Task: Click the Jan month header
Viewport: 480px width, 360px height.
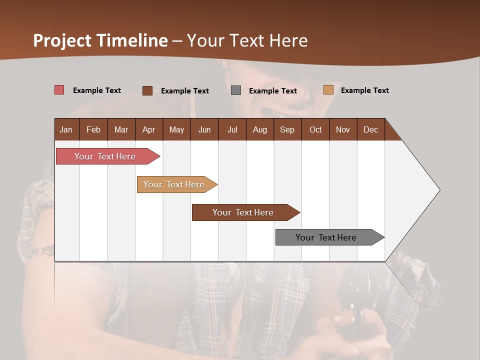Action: [x=66, y=129]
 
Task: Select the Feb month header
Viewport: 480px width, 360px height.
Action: [x=93, y=129]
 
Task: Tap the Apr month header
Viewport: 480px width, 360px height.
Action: [x=148, y=129]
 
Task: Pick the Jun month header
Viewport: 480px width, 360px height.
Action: [x=204, y=129]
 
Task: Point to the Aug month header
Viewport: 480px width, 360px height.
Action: [x=259, y=129]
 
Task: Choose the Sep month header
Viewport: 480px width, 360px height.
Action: [x=287, y=129]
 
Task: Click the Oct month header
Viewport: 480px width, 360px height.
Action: [x=315, y=129]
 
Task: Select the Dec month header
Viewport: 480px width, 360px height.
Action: [x=370, y=129]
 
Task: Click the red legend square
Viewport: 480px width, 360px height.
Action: [x=59, y=90]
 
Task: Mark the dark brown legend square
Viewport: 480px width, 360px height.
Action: [x=147, y=90]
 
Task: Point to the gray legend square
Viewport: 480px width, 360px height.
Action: [x=236, y=90]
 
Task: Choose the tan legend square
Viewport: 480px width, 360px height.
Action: [x=328, y=90]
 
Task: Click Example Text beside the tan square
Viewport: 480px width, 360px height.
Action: [x=364, y=90]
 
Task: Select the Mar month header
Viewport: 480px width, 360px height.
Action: [x=121, y=129]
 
